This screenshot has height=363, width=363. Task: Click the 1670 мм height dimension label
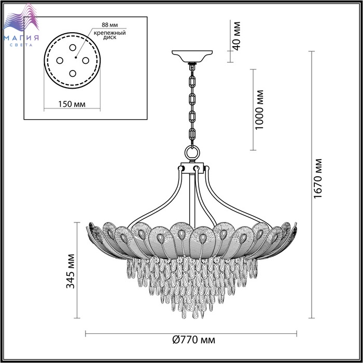pos(317,178)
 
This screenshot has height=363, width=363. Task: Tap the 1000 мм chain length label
pos(259,110)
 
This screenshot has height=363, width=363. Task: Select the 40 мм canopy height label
pos(236,36)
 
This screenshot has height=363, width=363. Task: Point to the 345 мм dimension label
pos(71,271)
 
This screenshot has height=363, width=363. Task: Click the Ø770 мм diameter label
pos(194,340)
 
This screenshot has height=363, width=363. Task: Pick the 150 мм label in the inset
pos(72,104)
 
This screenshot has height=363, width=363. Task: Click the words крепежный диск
pos(110,35)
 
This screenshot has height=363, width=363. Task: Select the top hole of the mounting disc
pos(73,48)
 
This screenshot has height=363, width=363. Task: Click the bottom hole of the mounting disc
pos(73,74)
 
